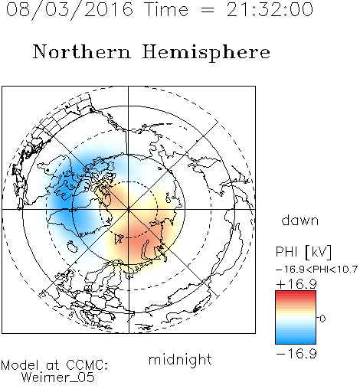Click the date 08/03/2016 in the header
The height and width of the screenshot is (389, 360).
[70, 9]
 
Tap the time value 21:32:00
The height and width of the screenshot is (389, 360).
[270, 9]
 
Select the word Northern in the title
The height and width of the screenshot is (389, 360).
[82, 51]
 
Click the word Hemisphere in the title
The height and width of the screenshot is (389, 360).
[206, 53]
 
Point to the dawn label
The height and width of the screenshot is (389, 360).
[300, 220]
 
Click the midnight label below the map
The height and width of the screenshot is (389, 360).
[180, 359]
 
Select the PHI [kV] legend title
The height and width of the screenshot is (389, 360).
[303, 252]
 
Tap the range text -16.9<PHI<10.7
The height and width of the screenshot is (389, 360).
[316, 270]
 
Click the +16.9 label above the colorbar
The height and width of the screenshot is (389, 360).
[296, 284]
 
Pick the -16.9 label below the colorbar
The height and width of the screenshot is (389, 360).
[296, 354]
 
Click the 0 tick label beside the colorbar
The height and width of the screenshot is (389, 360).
[322, 319]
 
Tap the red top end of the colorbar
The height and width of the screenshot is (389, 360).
[296, 294]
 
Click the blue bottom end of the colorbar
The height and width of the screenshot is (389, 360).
[296, 341]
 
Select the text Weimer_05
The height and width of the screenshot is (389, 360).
[58, 378]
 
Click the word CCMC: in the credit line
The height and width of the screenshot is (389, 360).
[87, 365]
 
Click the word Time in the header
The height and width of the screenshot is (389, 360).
[166, 9]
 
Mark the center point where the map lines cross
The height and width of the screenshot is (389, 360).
[129, 209]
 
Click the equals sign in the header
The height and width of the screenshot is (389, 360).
[208, 10]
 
